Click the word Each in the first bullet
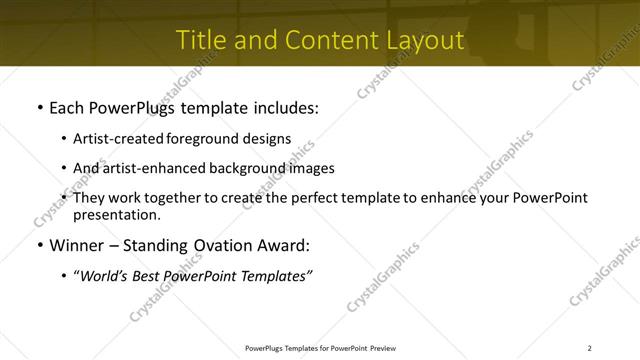point(67,106)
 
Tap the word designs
point(268,139)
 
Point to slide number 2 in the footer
point(589,348)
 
